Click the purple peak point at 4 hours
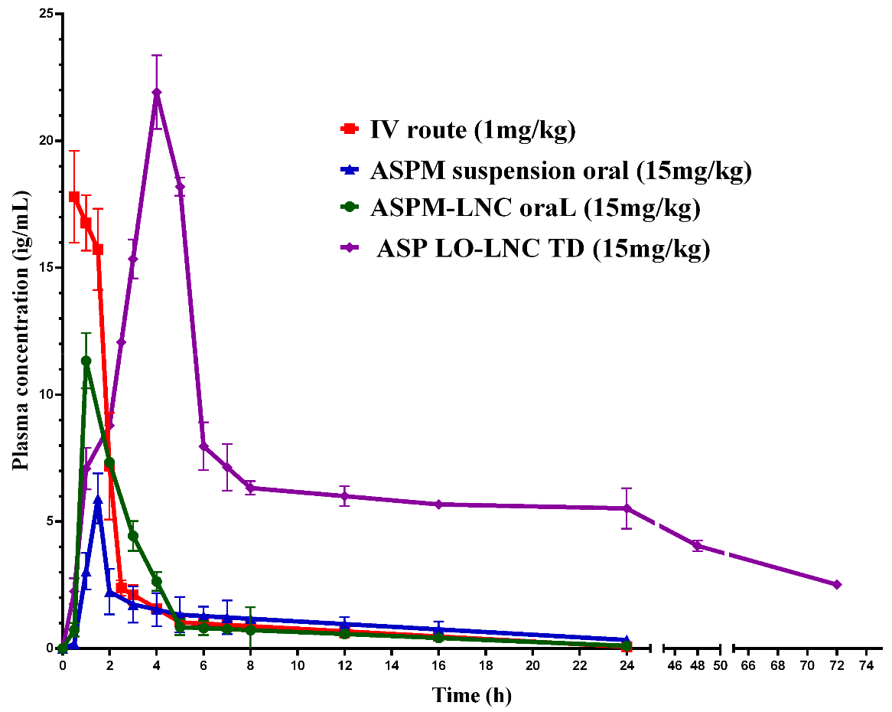click(157, 93)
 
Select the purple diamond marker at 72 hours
click(836, 585)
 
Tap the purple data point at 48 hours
click(698, 546)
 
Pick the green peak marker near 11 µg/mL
click(86, 361)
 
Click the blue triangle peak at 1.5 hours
click(98, 499)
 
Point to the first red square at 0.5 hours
click(74, 197)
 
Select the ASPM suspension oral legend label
click(560, 171)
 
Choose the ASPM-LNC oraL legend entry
click(535, 209)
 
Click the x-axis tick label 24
click(627, 666)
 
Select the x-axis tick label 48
click(698, 666)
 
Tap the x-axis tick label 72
click(836, 666)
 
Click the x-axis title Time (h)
click(471, 695)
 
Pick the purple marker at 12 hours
click(345, 496)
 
